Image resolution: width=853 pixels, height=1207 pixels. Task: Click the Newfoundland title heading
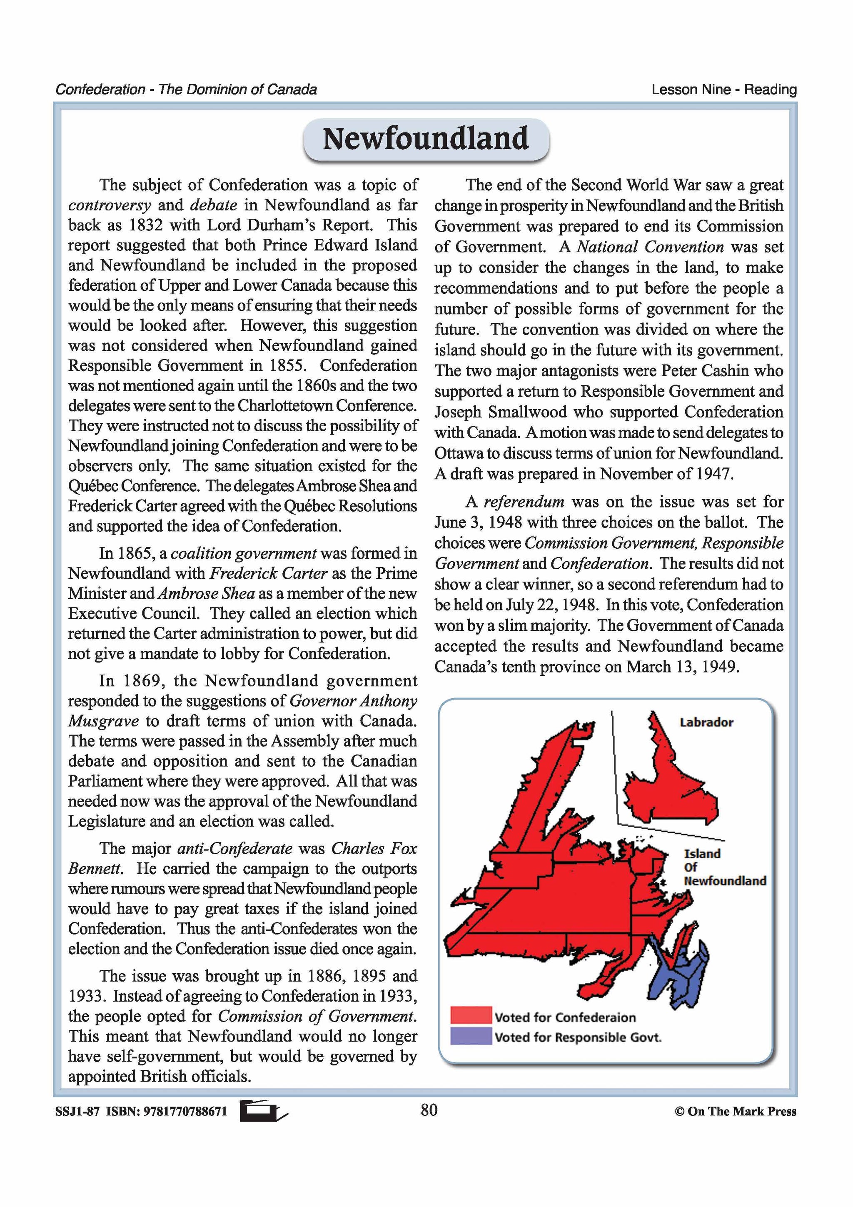tap(426, 139)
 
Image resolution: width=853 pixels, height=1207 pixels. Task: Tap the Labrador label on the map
tap(706, 722)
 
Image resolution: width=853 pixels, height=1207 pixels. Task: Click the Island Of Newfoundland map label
tap(724, 867)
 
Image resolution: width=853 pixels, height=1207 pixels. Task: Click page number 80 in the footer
tap(429, 1110)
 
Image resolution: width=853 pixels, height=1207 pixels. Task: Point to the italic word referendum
tap(524, 502)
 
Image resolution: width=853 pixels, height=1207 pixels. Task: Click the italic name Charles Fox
tap(374, 848)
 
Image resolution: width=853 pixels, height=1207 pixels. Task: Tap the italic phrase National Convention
tap(651, 247)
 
